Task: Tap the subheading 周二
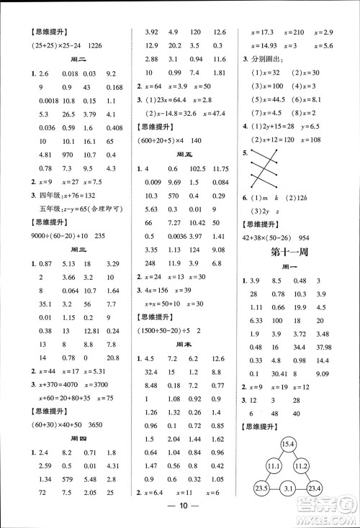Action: click(72, 60)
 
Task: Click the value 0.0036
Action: click(176, 236)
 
